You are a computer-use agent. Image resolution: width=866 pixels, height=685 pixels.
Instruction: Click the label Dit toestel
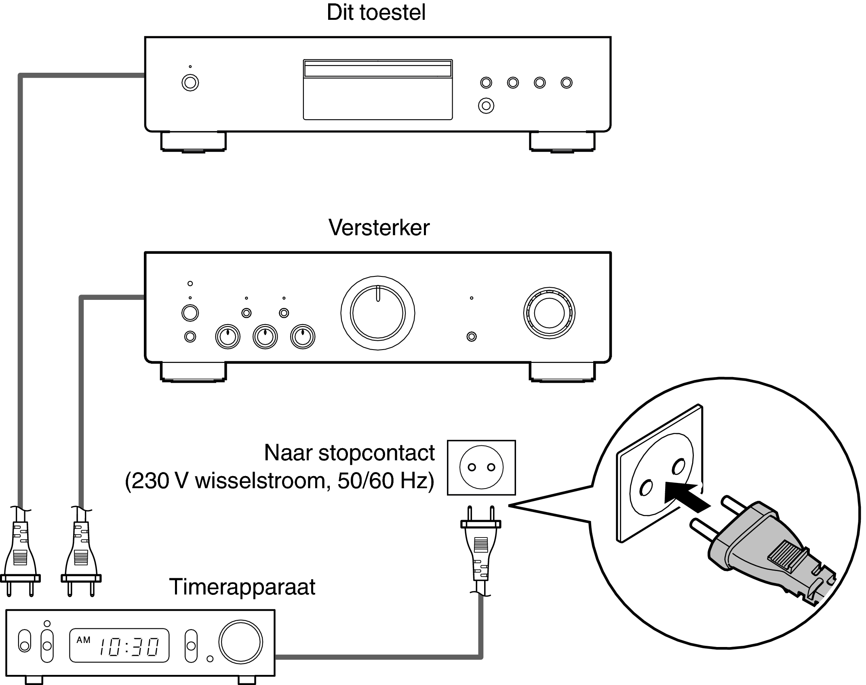click(376, 13)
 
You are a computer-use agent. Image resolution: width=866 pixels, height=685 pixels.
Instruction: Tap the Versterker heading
click(379, 228)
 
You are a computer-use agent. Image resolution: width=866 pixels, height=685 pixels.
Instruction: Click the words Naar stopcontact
click(349, 453)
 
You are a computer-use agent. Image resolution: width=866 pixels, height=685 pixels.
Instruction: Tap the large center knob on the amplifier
click(377, 313)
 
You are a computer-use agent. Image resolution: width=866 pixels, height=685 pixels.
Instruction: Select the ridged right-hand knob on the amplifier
click(549, 313)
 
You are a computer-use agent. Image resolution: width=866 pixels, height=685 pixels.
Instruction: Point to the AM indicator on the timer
click(84, 640)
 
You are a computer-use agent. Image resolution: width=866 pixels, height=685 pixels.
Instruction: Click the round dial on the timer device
click(240, 642)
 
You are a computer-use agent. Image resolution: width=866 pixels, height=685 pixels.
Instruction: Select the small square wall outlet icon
click(481, 468)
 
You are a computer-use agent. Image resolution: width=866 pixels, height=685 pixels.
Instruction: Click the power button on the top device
click(190, 83)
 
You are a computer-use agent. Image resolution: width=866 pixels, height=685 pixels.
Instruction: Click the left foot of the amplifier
click(193, 372)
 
